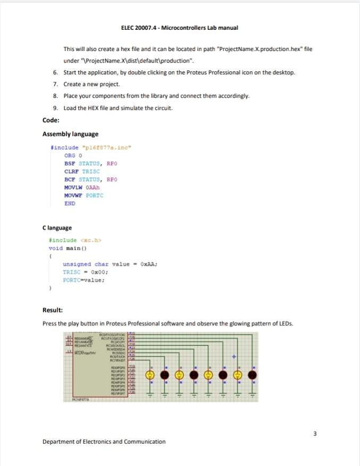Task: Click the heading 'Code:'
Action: click(51, 121)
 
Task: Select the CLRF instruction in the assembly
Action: click(71, 172)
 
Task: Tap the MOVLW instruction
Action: click(73, 188)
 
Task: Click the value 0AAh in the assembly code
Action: click(94, 188)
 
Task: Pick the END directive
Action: click(70, 204)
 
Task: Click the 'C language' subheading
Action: click(57, 228)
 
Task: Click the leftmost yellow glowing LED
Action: click(151, 375)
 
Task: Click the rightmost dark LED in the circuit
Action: click(252, 375)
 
